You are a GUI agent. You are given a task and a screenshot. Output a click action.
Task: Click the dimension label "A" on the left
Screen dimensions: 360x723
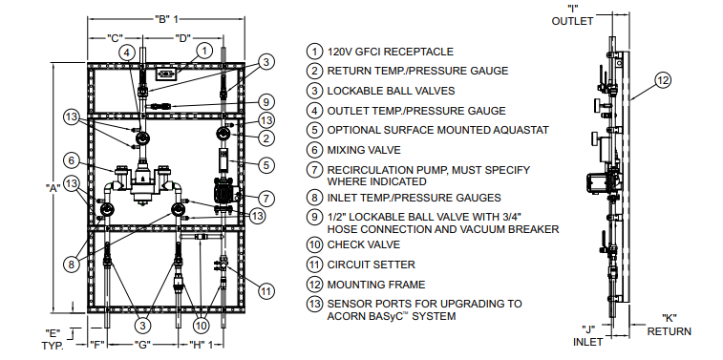55,188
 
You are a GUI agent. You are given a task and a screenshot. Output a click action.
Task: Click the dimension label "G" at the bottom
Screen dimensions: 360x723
142,343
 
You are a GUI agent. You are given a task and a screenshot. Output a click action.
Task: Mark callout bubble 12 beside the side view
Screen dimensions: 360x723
662,80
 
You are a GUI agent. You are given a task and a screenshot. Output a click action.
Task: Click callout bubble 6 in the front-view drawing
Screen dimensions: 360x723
71,159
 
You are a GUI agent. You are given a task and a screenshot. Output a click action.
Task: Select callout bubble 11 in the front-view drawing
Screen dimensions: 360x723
266,290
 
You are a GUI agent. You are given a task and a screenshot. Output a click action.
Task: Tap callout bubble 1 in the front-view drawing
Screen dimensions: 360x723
203,50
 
